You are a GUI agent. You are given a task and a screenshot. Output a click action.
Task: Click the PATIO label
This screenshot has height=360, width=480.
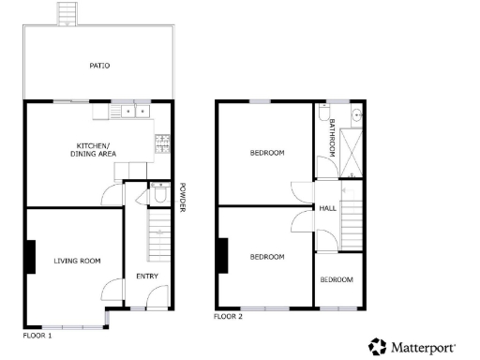pyautogui.click(x=99, y=66)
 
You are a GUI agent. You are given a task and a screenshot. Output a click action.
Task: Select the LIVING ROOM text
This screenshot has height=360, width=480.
pyautogui.click(x=76, y=261)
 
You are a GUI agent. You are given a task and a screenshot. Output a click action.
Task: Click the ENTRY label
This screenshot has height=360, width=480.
pyautogui.click(x=147, y=276)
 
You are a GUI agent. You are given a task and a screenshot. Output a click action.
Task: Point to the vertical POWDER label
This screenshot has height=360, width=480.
pyautogui.click(x=183, y=196)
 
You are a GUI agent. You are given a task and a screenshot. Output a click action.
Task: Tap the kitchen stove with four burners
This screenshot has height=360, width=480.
pyautogui.click(x=163, y=143)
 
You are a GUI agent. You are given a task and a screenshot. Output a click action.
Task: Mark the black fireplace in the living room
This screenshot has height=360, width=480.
pyautogui.click(x=32, y=256)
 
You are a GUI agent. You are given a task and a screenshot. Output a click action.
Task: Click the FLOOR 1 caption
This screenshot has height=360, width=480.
pyautogui.click(x=37, y=334)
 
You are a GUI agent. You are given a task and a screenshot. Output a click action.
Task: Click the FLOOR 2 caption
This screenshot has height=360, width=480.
pyautogui.click(x=228, y=317)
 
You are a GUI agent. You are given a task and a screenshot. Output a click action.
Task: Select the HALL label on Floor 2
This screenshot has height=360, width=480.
pyautogui.click(x=327, y=208)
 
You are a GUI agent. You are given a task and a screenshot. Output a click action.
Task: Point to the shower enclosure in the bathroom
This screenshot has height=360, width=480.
pyautogui.click(x=353, y=150)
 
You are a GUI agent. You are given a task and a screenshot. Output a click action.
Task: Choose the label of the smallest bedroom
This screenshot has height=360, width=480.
pyautogui.click(x=337, y=279)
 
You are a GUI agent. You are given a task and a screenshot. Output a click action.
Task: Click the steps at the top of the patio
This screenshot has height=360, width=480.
pyautogui.click(x=67, y=13)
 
